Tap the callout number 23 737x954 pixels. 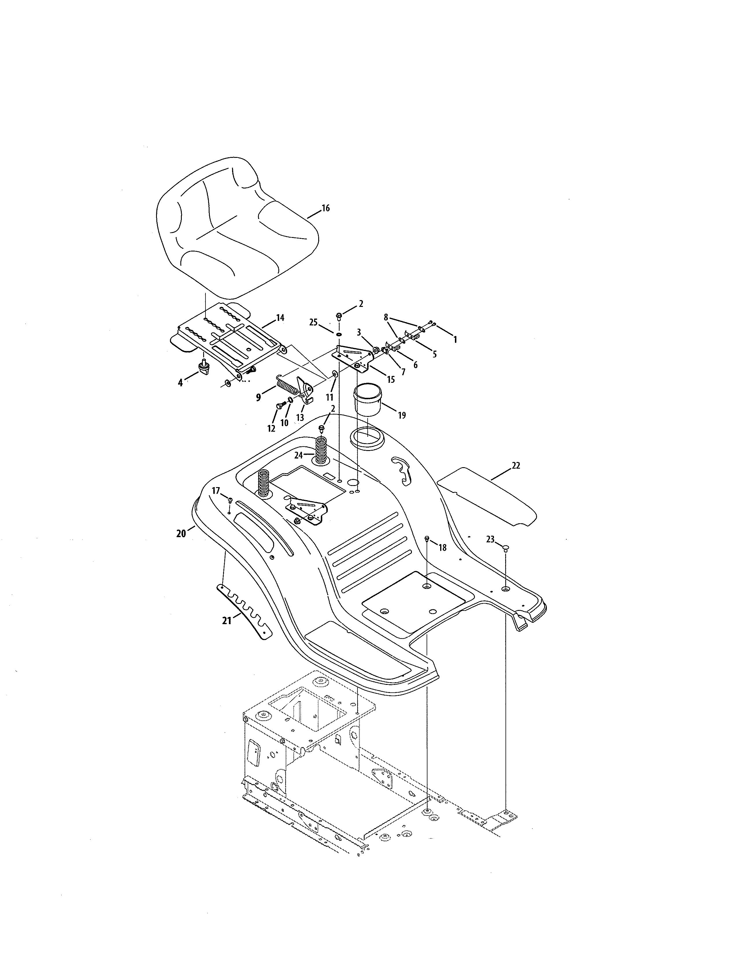490,539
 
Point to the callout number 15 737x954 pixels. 391,380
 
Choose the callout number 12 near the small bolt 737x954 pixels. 271,428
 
